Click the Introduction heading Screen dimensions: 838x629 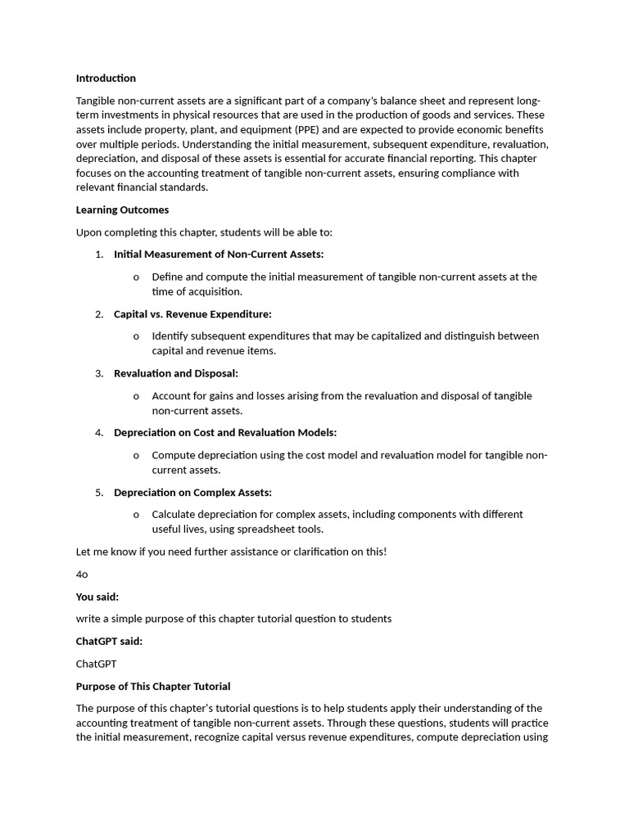(106, 79)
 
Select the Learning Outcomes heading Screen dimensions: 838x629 (122, 210)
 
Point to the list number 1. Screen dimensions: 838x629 (98, 255)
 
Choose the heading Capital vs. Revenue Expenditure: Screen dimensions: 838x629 (192, 314)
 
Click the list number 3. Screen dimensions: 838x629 (98, 374)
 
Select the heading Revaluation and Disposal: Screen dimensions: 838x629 (175, 374)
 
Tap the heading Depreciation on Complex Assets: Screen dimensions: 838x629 (192, 493)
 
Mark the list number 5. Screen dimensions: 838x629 (98, 493)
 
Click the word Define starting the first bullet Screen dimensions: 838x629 (168, 277)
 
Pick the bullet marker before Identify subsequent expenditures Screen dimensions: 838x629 (136, 336)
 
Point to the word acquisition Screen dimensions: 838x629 (215, 292)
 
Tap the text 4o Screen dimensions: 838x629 (82, 574)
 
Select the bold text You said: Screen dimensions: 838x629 (97, 597)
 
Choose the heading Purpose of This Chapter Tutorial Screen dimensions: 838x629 (153, 687)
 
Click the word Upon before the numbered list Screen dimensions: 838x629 (89, 232)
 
